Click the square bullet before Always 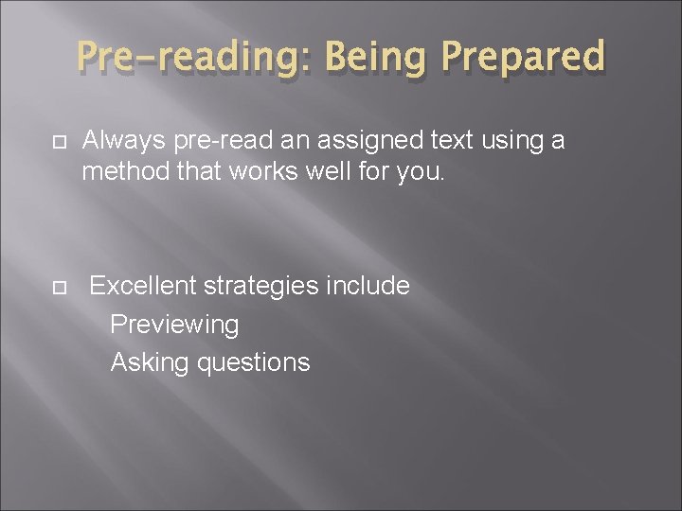point(60,143)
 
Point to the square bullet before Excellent point(60,287)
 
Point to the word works point(268,171)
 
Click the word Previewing point(174,325)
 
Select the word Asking point(148,362)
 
